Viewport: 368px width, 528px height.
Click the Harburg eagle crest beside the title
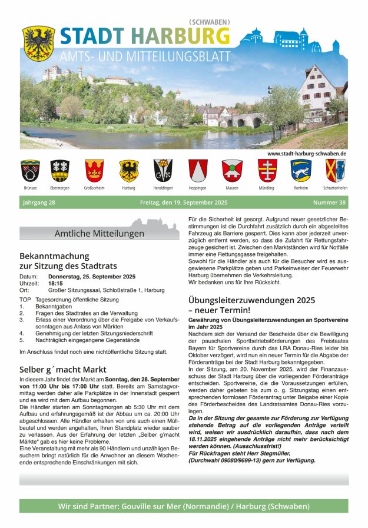[x=38, y=42]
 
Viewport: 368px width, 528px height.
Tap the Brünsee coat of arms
[x=30, y=170]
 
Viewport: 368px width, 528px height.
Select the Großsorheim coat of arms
[x=94, y=170]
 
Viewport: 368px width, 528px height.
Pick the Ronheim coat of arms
[x=300, y=170]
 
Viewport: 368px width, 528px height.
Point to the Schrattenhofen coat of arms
[x=334, y=170]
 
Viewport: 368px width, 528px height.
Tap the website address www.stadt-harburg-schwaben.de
[x=306, y=153]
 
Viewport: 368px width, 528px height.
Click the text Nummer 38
[x=329, y=203]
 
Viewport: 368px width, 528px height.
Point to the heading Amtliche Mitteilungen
[x=99, y=234]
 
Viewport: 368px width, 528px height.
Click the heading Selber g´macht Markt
[x=58, y=369]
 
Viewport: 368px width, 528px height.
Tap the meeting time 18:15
[x=55, y=283]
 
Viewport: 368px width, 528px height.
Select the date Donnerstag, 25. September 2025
[x=92, y=277]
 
